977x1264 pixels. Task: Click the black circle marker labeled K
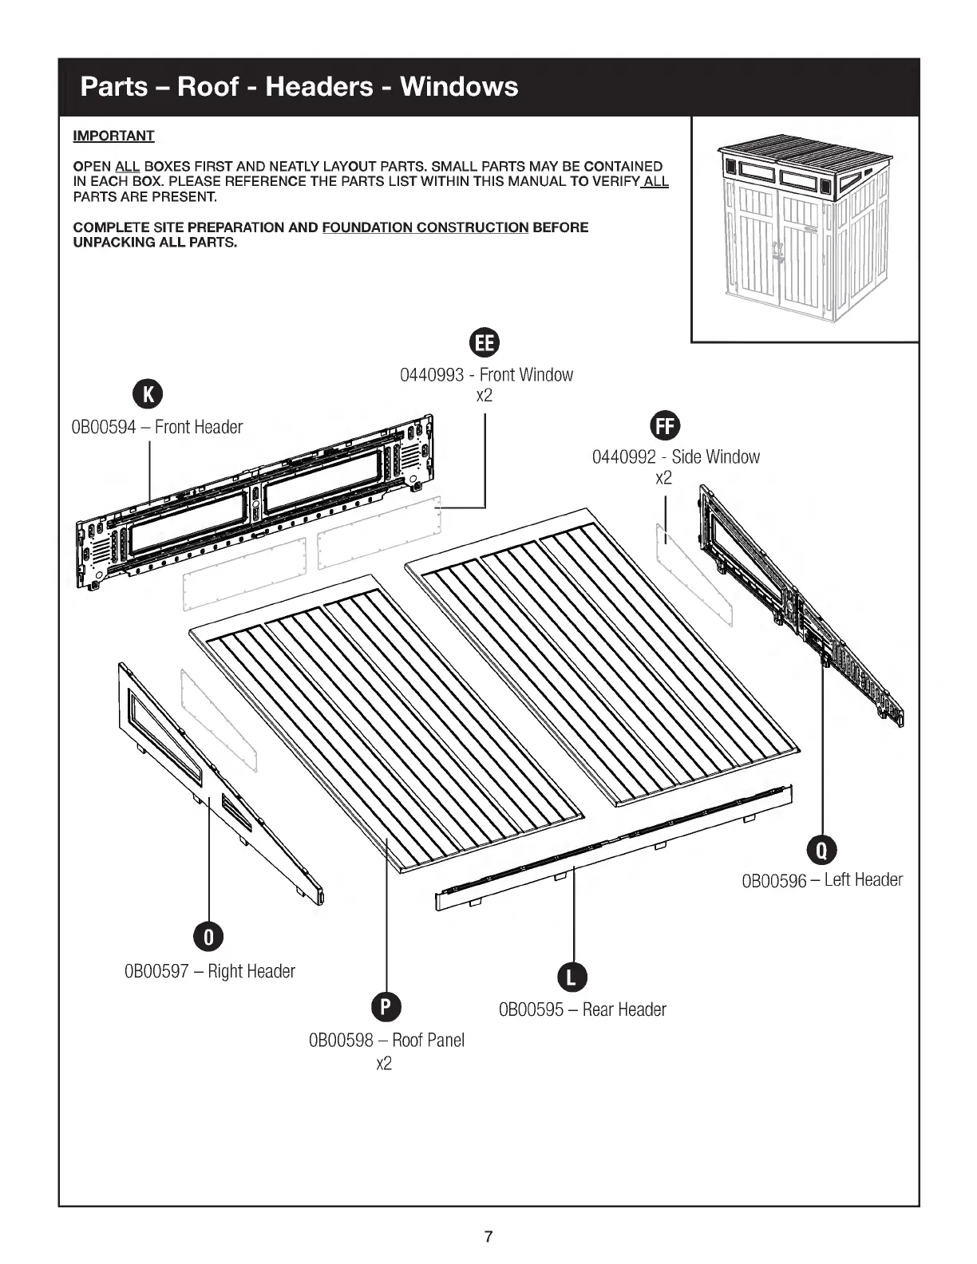[x=148, y=393]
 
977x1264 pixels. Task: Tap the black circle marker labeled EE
[x=485, y=342]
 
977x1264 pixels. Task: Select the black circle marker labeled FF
[x=665, y=425]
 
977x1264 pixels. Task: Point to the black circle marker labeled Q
[x=821, y=850]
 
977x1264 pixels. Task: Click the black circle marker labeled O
[x=209, y=937]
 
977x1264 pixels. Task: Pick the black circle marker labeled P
[x=386, y=1007]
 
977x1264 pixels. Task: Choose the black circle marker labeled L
[x=572, y=977]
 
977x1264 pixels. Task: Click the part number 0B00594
[x=104, y=428]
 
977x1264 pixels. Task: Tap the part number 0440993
[x=431, y=375]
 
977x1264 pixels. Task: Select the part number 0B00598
[x=340, y=1041]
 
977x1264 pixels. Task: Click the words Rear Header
[x=624, y=1010]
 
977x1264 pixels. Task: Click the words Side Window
[x=715, y=457]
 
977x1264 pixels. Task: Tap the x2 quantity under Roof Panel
[x=384, y=1064]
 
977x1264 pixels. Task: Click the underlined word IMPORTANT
[x=113, y=136]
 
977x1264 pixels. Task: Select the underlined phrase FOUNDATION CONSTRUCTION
[x=425, y=227]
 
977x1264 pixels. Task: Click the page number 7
[x=489, y=1238]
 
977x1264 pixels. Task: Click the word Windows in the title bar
[x=459, y=86]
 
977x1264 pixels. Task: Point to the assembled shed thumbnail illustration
[x=805, y=229]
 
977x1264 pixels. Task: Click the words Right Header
[x=251, y=972]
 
